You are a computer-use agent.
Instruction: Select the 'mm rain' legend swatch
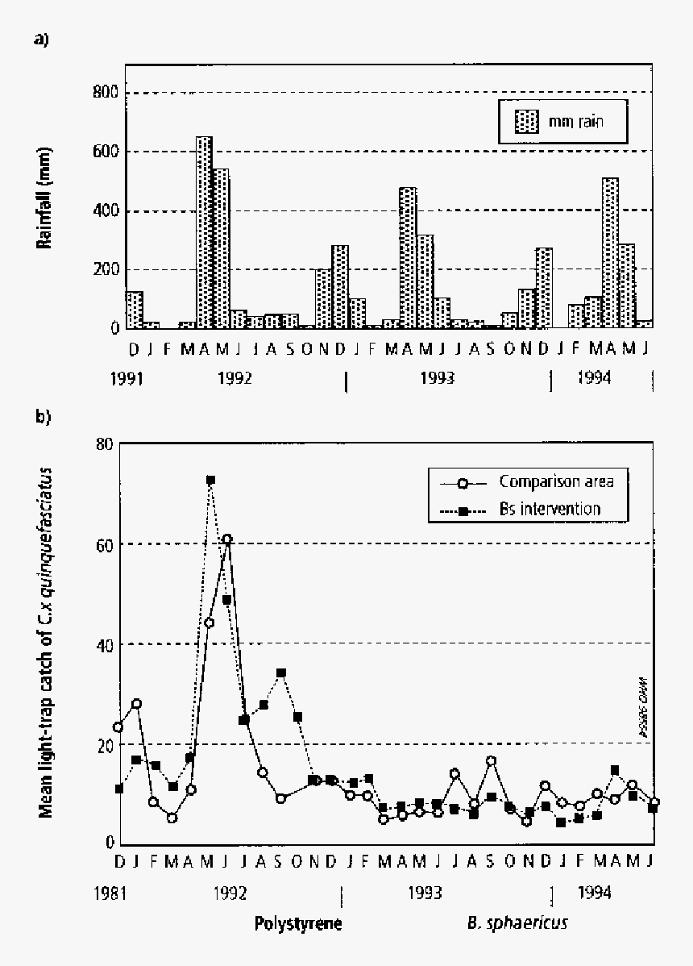(x=526, y=123)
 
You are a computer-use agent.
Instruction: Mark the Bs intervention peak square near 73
(x=210, y=480)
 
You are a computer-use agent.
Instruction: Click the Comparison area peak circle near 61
(x=228, y=539)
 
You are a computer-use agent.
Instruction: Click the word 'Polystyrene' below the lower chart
(x=298, y=923)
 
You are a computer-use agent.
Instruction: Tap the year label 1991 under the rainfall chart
(x=128, y=377)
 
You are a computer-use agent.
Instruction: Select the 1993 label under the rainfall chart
(x=438, y=377)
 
